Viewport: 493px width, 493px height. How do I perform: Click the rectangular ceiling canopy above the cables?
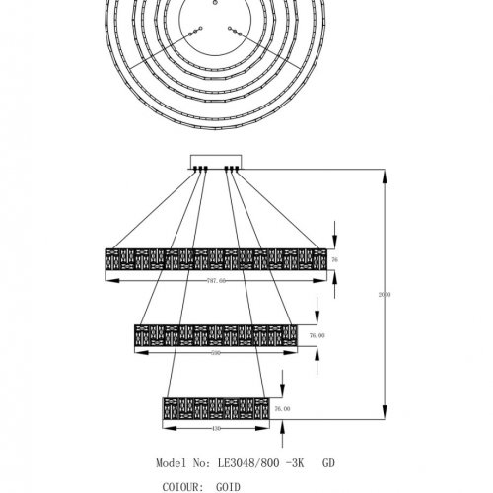pos(216,162)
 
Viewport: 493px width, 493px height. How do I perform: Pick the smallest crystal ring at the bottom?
pos(216,407)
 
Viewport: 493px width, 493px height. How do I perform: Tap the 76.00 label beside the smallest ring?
pos(282,408)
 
